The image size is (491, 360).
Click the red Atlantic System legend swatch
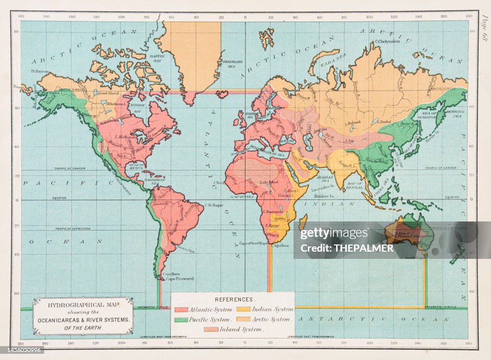coord(181,310)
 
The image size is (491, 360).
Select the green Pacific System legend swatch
coord(181,319)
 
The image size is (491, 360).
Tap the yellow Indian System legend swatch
coord(244,310)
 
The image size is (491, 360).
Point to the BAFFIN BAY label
coord(157,58)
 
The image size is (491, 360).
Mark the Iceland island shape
coord(223,94)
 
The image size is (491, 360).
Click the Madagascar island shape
coord(303,221)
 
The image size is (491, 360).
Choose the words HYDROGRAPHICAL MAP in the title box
coord(83,304)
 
